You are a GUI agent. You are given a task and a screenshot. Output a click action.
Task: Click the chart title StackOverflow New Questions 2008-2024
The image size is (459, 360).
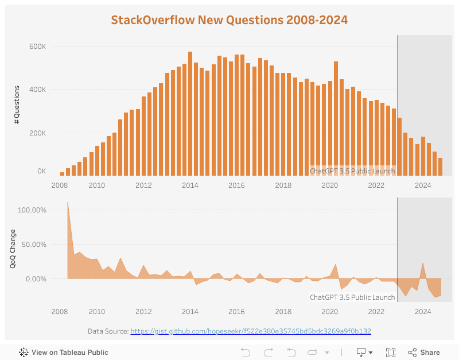click(229, 20)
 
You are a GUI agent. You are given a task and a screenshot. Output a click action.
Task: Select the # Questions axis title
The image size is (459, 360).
click(17, 104)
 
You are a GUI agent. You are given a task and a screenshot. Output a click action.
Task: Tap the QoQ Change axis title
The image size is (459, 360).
click(13, 249)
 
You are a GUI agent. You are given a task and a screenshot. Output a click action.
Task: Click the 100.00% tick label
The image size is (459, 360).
click(32, 210)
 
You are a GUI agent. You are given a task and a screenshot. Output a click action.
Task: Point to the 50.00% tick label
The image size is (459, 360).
click(34, 245)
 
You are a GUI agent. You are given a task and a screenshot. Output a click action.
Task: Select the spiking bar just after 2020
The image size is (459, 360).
click(336, 118)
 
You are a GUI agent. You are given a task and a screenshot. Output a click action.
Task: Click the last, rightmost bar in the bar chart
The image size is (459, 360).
click(440, 167)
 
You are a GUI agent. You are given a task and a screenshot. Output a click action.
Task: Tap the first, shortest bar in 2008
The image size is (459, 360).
click(62, 173)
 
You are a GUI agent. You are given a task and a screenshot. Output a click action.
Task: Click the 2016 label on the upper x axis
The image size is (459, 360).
click(236, 185)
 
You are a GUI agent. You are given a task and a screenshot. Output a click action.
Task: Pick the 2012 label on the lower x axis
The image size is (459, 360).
click(143, 312)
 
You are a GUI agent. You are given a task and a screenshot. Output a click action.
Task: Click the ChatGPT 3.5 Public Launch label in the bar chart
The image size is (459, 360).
click(352, 171)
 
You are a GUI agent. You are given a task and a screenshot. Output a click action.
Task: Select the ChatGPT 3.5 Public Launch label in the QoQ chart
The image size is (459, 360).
click(352, 297)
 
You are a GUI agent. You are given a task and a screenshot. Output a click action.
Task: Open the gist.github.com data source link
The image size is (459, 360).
click(251, 331)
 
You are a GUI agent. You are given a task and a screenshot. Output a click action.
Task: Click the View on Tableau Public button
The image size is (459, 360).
click(64, 353)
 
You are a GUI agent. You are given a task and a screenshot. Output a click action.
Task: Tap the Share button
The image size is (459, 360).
click(424, 353)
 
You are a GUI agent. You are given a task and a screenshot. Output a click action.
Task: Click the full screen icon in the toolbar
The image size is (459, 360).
click(391, 353)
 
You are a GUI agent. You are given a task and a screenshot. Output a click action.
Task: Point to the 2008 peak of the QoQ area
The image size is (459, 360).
click(68, 203)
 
